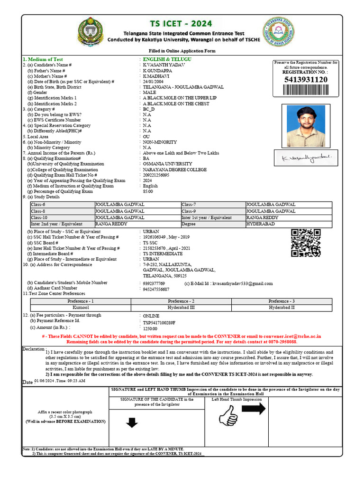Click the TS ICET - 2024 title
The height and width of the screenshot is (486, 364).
click(182, 24)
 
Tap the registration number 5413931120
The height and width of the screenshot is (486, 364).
click(306, 79)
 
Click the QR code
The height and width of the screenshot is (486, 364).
click(306, 243)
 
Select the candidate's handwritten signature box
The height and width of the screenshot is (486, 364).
click(306, 156)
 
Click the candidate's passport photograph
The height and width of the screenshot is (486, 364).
click(306, 126)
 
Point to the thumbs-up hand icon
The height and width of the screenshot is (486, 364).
click(228, 416)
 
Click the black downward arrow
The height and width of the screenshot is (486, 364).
click(132, 422)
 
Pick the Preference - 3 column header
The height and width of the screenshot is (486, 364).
click(282, 301)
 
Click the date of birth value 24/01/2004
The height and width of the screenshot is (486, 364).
click(156, 82)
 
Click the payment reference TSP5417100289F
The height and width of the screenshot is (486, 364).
click(159, 322)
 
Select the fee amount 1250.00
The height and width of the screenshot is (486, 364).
click(150, 328)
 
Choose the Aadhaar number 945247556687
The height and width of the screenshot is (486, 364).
click(156, 289)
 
